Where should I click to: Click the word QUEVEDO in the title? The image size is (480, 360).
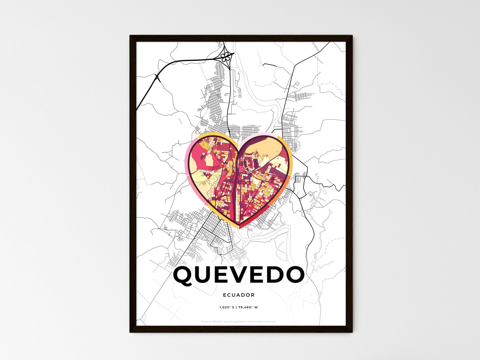[239, 275]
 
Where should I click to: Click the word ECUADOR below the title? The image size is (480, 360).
[239, 295]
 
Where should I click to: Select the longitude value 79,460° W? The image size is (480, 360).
[248, 307]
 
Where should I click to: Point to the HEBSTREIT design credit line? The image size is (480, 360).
[213, 321]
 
